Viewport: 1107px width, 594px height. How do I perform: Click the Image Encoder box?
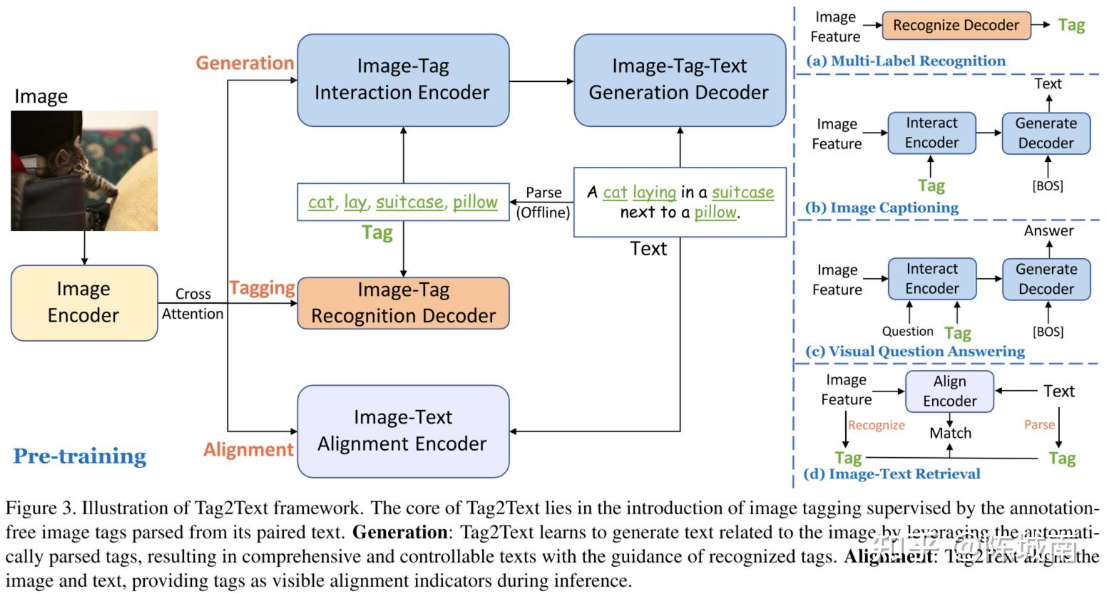83,302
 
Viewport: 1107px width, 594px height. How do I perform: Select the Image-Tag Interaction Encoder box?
402,79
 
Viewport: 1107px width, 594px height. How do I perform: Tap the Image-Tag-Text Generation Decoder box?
679,79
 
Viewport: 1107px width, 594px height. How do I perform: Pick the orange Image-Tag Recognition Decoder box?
403,303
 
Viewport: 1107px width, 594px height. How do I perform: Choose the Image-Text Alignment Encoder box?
402,431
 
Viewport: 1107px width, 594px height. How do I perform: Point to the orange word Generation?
245,63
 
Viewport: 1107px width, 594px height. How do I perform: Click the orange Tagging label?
262,288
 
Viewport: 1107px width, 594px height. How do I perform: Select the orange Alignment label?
248,449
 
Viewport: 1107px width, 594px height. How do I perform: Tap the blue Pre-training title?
80,456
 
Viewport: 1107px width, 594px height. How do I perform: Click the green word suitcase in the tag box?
409,203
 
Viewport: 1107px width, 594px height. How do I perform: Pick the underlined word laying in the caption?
654,193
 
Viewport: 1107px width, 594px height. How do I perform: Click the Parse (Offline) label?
544,203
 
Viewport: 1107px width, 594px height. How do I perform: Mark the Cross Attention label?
193,304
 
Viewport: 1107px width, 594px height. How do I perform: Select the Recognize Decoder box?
956,26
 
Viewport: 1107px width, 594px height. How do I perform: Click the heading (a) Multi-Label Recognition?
906,61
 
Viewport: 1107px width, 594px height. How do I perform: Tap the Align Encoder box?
949,391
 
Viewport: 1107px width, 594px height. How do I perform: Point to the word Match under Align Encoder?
950,433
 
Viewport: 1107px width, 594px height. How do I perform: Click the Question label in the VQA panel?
907,332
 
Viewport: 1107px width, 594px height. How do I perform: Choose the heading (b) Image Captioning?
882,208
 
